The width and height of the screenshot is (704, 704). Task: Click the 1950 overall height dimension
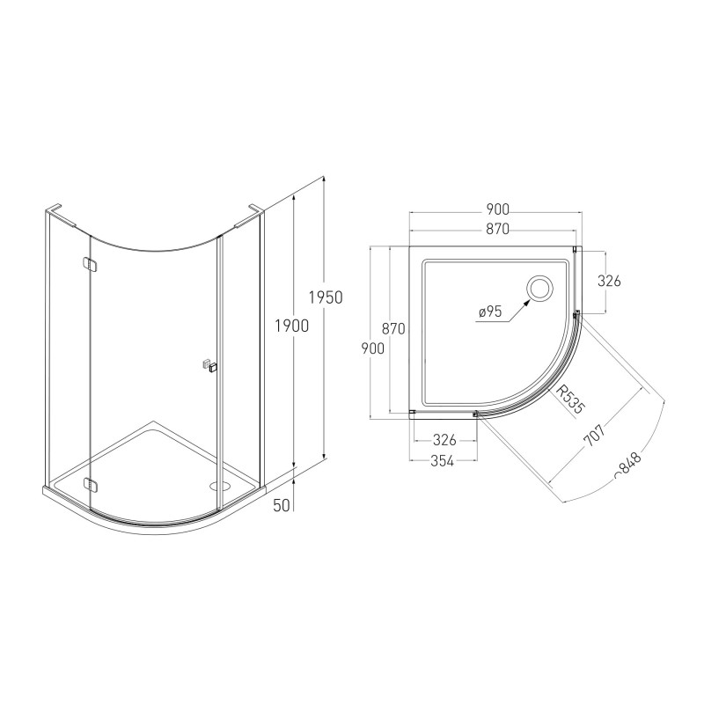tap(326, 297)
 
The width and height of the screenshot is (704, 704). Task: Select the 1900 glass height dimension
tap(292, 326)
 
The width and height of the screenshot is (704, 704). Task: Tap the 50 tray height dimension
tap(282, 505)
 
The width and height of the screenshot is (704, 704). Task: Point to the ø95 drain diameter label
tap(490, 312)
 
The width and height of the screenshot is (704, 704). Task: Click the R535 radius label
tap(571, 400)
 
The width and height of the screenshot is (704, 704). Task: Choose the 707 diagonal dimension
tap(595, 435)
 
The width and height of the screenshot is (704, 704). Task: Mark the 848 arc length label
tap(628, 466)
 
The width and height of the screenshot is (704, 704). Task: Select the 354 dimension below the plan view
tap(443, 461)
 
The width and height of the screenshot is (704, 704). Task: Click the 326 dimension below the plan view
tap(444, 440)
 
